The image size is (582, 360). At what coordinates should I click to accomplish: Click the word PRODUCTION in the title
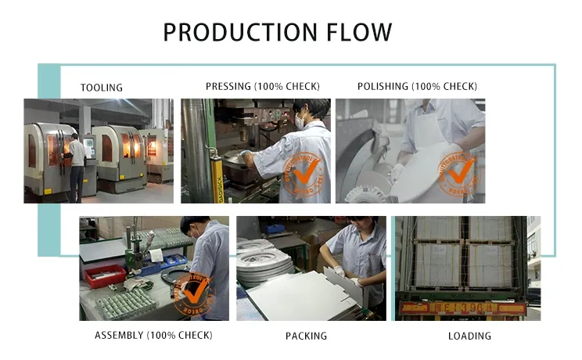(232, 33)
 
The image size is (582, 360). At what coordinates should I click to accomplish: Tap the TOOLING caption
(102, 88)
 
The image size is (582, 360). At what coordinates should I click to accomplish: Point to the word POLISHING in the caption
(383, 86)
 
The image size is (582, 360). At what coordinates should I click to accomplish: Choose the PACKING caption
(306, 337)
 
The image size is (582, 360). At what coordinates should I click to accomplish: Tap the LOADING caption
(470, 337)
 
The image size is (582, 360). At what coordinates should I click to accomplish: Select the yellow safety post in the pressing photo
(210, 168)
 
